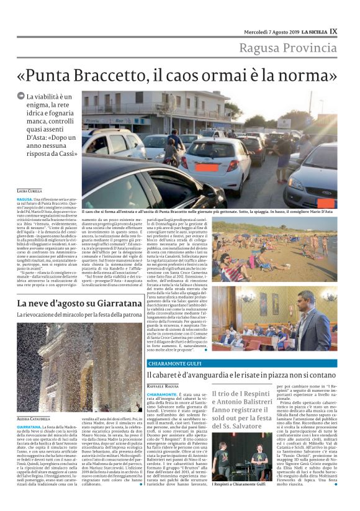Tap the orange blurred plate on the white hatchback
pos(207,167)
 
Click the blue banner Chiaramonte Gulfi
pos(173,363)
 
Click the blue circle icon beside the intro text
pos(21,96)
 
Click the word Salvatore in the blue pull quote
pos(252,425)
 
